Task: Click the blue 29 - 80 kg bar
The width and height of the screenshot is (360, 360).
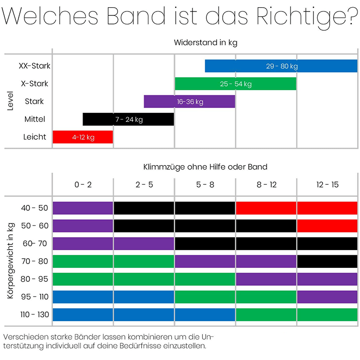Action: (281, 66)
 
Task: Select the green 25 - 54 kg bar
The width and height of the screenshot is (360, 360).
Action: (235, 84)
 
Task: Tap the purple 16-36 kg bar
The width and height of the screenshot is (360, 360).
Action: (190, 101)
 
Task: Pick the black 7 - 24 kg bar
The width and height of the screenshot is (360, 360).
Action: (128, 119)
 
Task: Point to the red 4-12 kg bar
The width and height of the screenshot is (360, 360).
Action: (83, 137)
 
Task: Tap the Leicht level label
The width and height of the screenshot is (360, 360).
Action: (35, 137)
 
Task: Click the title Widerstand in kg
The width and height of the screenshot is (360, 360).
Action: (205, 42)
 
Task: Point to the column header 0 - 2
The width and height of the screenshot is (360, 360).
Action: (83, 185)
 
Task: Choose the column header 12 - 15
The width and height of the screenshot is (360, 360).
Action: (327, 185)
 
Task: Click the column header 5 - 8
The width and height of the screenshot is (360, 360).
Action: (205, 185)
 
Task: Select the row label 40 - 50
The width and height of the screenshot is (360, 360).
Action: (35, 208)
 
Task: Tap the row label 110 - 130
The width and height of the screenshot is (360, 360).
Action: (35, 314)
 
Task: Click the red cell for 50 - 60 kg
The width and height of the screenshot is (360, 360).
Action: (327, 226)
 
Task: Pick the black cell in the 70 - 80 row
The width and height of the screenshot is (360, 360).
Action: (327, 261)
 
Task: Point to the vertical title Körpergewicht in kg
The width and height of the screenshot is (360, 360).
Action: (11, 261)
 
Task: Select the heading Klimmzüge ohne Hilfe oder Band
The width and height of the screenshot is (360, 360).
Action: (205, 167)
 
